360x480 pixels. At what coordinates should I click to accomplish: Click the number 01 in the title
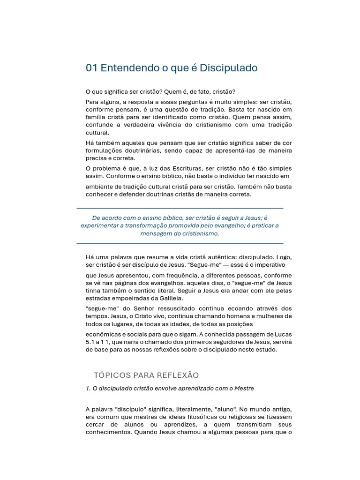point(92,68)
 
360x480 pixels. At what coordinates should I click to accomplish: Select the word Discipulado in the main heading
point(229,68)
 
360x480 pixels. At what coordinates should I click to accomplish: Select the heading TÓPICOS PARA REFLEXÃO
point(146,375)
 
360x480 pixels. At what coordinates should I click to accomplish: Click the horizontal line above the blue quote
point(180,208)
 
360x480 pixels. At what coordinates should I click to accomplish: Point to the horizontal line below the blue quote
point(180,243)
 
